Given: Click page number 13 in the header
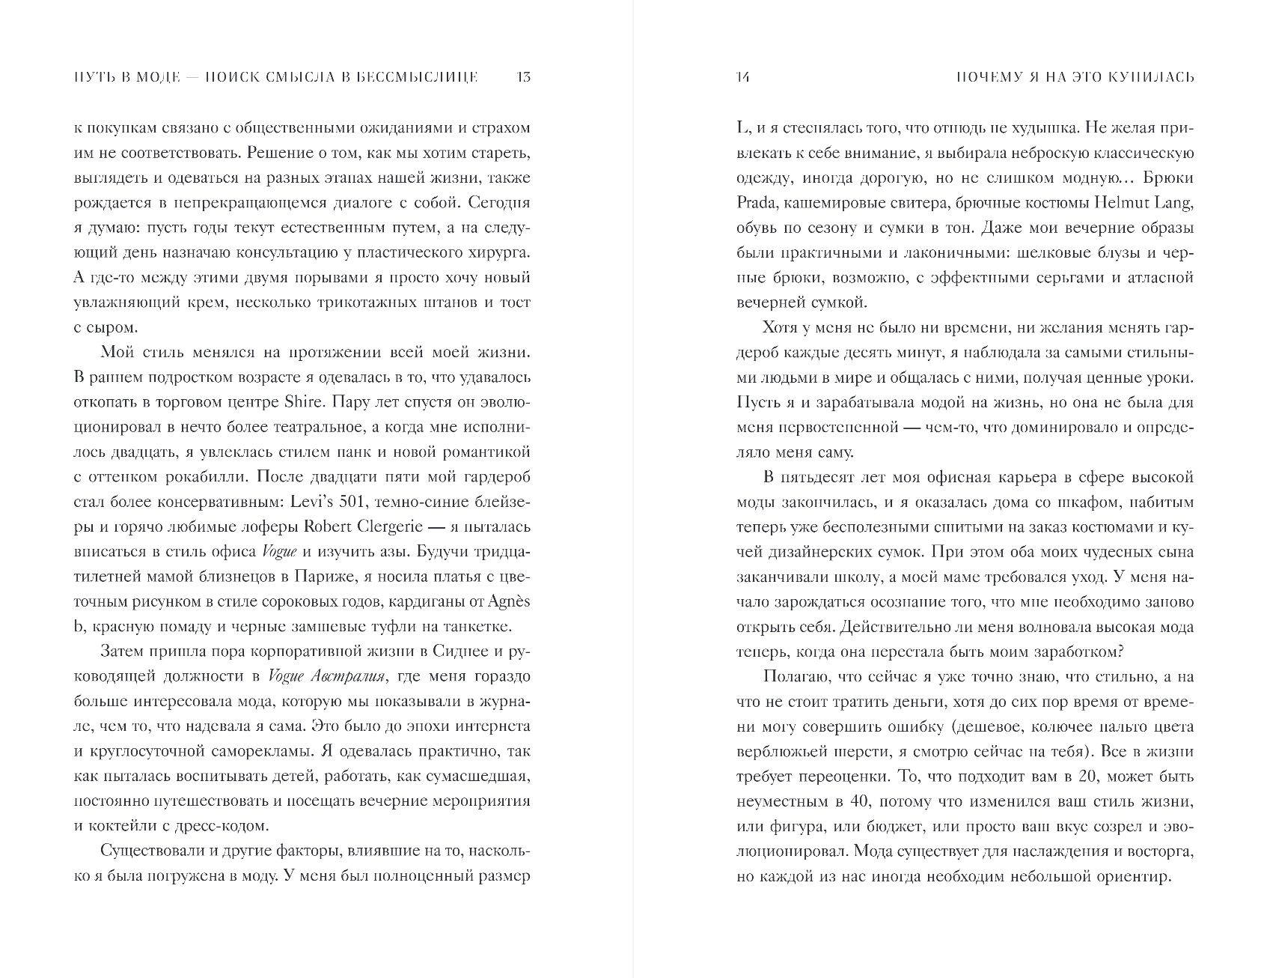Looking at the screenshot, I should pos(523,77).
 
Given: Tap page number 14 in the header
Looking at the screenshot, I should pos(743,77).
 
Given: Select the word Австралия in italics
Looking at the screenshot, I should pos(346,676).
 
